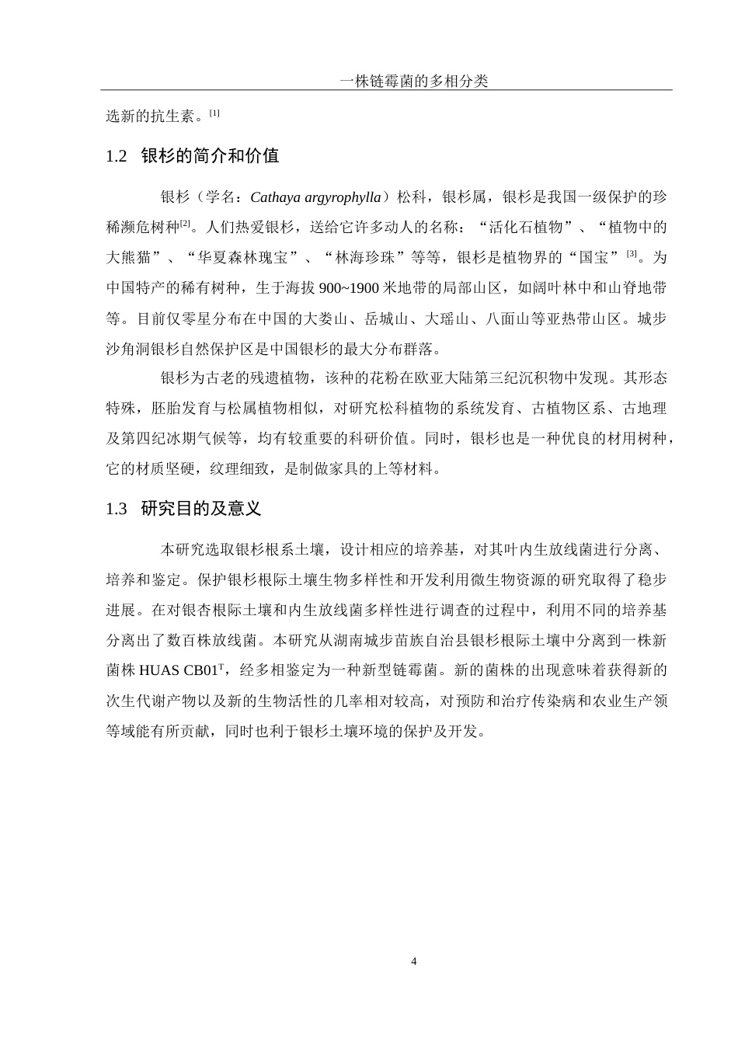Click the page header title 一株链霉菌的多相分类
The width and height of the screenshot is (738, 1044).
414,81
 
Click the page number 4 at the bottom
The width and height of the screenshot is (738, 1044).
414,962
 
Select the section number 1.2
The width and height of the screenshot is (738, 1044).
116,156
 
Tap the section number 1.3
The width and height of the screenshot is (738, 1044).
116,509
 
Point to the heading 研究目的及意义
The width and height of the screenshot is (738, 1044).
200,509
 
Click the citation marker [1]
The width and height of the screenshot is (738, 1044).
214,113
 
